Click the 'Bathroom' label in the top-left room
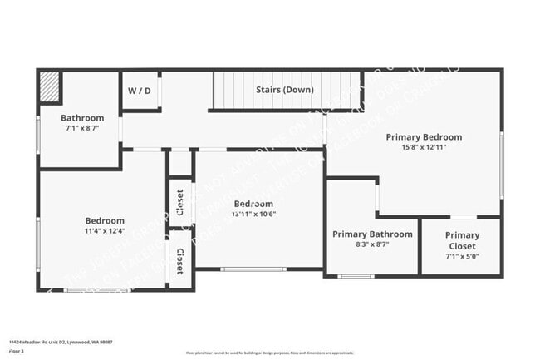(x=82, y=118)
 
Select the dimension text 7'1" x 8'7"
(x=82, y=128)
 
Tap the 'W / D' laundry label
(x=140, y=90)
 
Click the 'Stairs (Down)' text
(x=284, y=90)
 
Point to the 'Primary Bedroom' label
(x=424, y=137)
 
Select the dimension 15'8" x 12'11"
(x=424, y=148)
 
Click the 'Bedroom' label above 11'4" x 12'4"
(x=105, y=220)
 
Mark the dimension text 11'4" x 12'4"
(x=105, y=231)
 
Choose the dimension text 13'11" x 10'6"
(x=253, y=214)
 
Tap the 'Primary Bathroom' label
(x=372, y=234)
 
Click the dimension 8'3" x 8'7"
(x=372, y=244)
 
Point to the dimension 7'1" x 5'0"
(x=462, y=257)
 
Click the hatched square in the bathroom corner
(x=50, y=86)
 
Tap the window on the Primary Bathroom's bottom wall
(x=356, y=275)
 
